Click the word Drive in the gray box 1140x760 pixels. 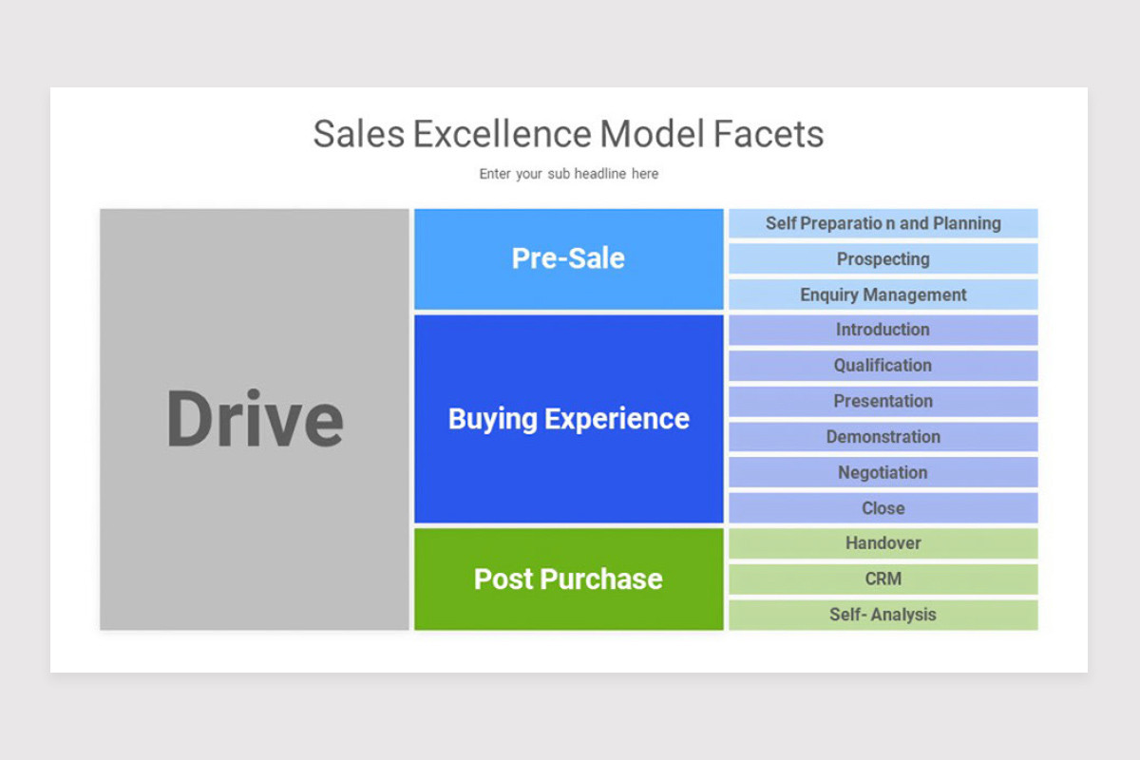(255, 419)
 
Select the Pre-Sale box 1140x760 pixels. (568, 258)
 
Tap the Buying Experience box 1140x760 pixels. (568, 419)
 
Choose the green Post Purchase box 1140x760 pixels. (568, 579)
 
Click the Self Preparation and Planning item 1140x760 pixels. (883, 223)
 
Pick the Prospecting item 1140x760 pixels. (883, 258)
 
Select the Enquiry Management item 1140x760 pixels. (883, 294)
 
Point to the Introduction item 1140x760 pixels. (883, 330)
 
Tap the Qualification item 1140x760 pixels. (883, 365)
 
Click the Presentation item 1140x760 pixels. (883, 401)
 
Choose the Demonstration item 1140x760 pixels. (883, 437)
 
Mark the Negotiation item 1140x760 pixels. (883, 472)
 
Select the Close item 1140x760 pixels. (883, 508)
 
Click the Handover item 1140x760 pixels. (883, 543)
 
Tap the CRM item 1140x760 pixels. (883, 579)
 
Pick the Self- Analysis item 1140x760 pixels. (883, 615)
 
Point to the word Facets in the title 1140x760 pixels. (769, 134)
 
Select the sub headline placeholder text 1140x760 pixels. (568, 174)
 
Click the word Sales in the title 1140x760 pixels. (358, 134)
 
